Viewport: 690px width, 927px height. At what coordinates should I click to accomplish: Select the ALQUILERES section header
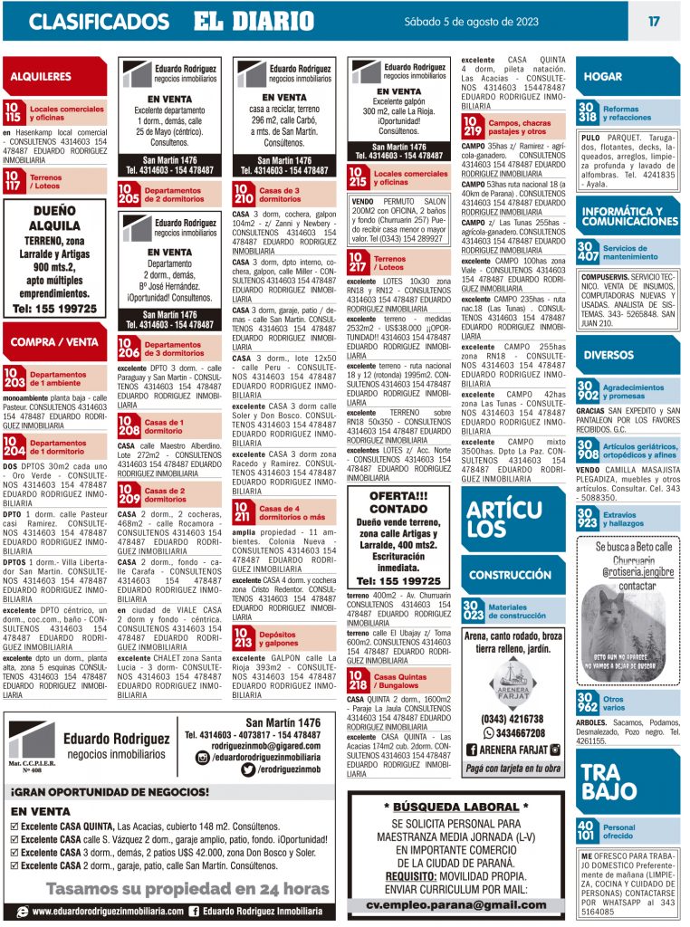click(x=43, y=77)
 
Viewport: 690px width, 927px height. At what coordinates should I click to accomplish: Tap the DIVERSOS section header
click(x=608, y=355)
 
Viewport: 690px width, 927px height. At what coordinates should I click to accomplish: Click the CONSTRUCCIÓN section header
click(x=510, y=575)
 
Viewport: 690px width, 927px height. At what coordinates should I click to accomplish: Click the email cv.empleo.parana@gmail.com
click(x=456, y=904)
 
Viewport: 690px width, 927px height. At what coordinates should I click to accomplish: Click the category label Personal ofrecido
click(x=619, y=831)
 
